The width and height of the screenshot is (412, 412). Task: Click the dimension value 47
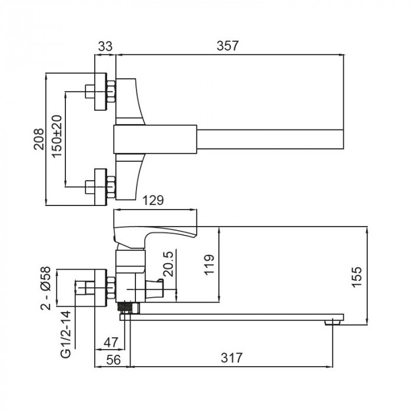click(111, 343)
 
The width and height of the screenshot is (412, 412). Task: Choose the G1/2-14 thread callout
click(67, 333)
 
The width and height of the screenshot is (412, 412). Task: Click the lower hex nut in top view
click(111, 187)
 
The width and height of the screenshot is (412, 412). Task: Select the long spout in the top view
click(271, 139)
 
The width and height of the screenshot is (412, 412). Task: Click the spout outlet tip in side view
click(334, 321)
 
